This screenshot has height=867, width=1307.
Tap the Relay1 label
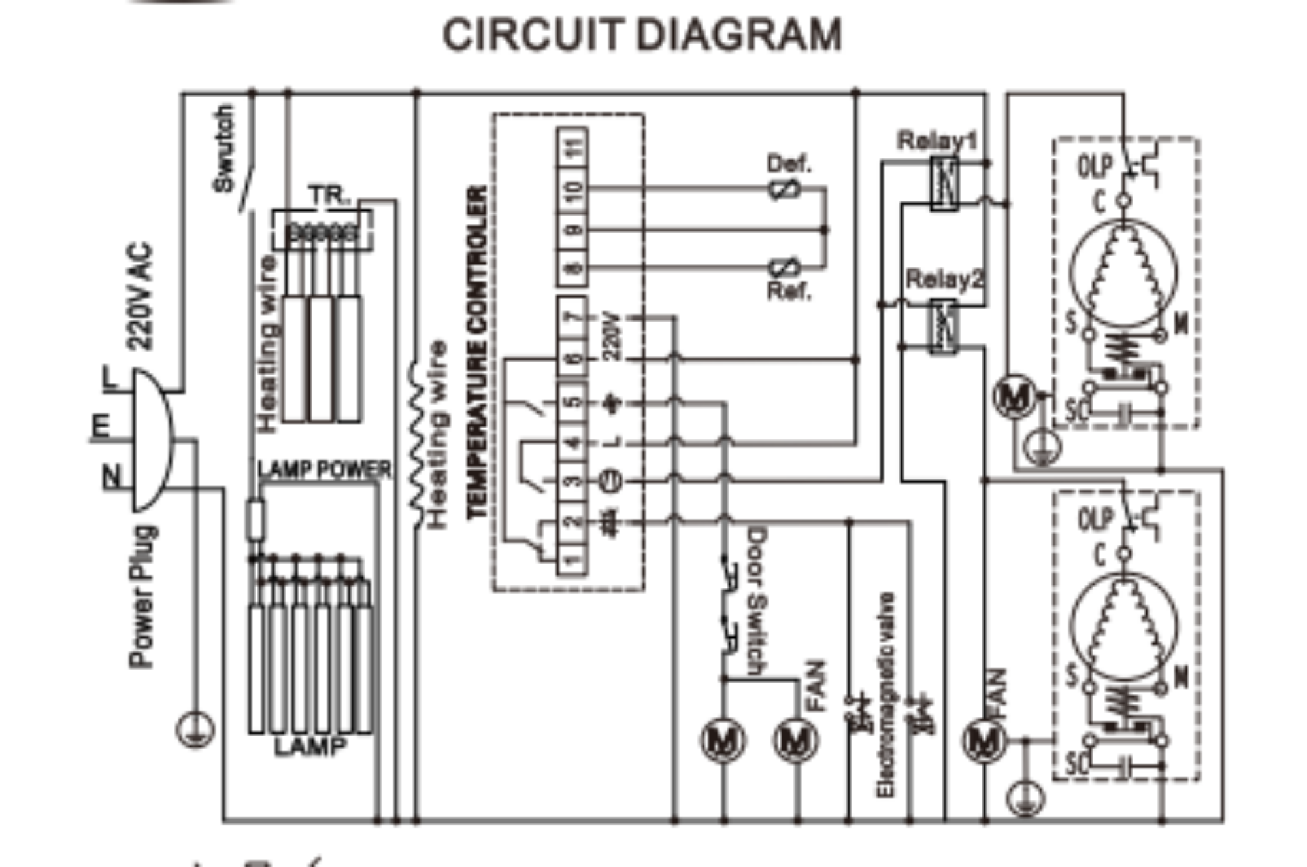point(936,141)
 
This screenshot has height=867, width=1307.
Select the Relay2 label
point(944,280)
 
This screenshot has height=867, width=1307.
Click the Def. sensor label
point(789,163)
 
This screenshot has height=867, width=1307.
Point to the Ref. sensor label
point(789,291)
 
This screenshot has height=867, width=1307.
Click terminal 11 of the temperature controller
point(573,148)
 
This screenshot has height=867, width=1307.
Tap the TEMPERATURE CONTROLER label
point(478,353)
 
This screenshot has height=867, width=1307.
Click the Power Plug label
point(142,596)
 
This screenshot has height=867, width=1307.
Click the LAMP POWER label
point(324,469)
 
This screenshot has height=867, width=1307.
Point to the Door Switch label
point(756,602)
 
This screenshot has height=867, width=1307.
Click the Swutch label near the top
point(223,148)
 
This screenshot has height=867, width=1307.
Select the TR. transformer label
point(329,195)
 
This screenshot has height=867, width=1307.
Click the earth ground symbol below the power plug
point(194,730)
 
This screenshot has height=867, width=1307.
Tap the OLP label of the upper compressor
point(1094,167)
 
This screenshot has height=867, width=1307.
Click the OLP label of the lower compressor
point(1094,520)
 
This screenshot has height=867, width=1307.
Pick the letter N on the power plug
point(112,476)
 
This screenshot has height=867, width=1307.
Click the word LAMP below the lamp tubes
point(309,746)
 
